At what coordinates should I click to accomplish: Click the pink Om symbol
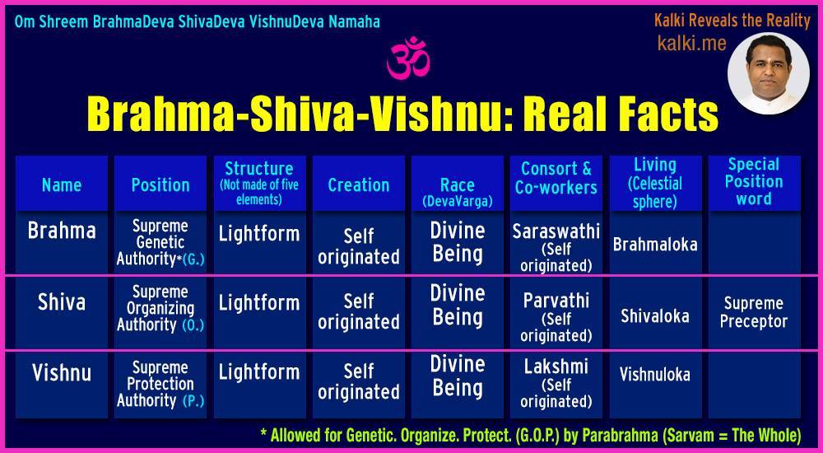[x=409, y=58]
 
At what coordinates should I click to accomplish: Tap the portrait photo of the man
[x=768, y=73]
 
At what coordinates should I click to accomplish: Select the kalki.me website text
[x=692, y=43]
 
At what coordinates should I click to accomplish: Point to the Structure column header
[x=259, y=183]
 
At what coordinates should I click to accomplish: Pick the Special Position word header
[x=754, y=182]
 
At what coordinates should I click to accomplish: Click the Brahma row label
[x=62, y=231]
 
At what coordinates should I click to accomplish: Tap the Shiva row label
[x=62, y=302]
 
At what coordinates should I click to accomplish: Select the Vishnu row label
[x=62, y=373]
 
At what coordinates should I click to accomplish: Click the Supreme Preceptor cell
[x=754, y=312]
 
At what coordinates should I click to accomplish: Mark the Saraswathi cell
[x=556, y=247]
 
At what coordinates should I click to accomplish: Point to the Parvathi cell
[x=556, y=317]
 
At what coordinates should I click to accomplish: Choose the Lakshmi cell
[x=556, y=384]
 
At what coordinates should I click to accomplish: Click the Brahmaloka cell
[x=655, y=245]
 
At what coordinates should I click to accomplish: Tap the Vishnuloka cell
[x=655, y=374]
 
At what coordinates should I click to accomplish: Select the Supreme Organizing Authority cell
[x=160, y=309]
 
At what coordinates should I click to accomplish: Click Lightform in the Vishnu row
[x=259, y=372]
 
